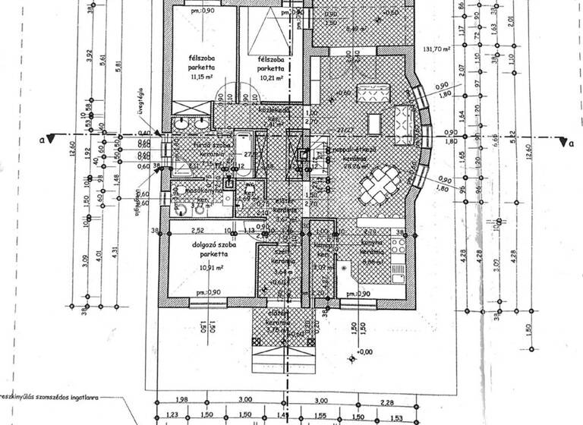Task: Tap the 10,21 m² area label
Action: (270, 77)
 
